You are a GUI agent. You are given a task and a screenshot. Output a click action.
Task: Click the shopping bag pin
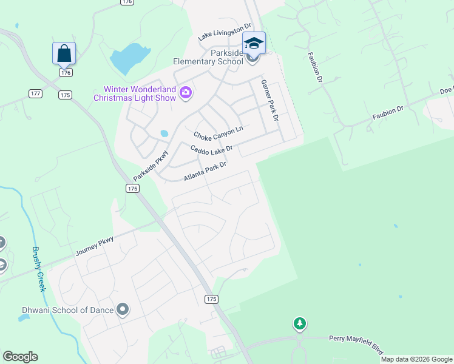pos(64,53)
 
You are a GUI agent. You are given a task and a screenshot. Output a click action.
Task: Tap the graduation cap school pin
pos(254,44)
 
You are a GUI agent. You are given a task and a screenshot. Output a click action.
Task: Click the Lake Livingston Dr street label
pos(224,33)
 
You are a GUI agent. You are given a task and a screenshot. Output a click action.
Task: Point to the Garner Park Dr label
pos(269,100)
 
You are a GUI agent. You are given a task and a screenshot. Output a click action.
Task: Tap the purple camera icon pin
pos(186,93)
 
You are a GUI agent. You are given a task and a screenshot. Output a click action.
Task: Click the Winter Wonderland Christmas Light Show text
pos(135,93)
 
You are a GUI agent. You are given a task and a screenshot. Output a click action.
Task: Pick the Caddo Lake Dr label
pos(211,149)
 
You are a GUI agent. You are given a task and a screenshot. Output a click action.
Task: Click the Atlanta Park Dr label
pos(205,171)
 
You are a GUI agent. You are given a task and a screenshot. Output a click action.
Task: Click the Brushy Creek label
pos(38,269)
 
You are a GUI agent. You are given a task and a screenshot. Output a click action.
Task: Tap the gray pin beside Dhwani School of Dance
pos(123,310)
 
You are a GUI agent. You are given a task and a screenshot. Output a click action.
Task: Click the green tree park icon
pos(299,323)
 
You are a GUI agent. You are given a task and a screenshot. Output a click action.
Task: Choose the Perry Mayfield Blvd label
pos(356,343)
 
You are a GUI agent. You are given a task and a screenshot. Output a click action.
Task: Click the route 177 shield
pos(35,93)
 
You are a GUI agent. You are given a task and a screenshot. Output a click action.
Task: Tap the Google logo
pos(20,357)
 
